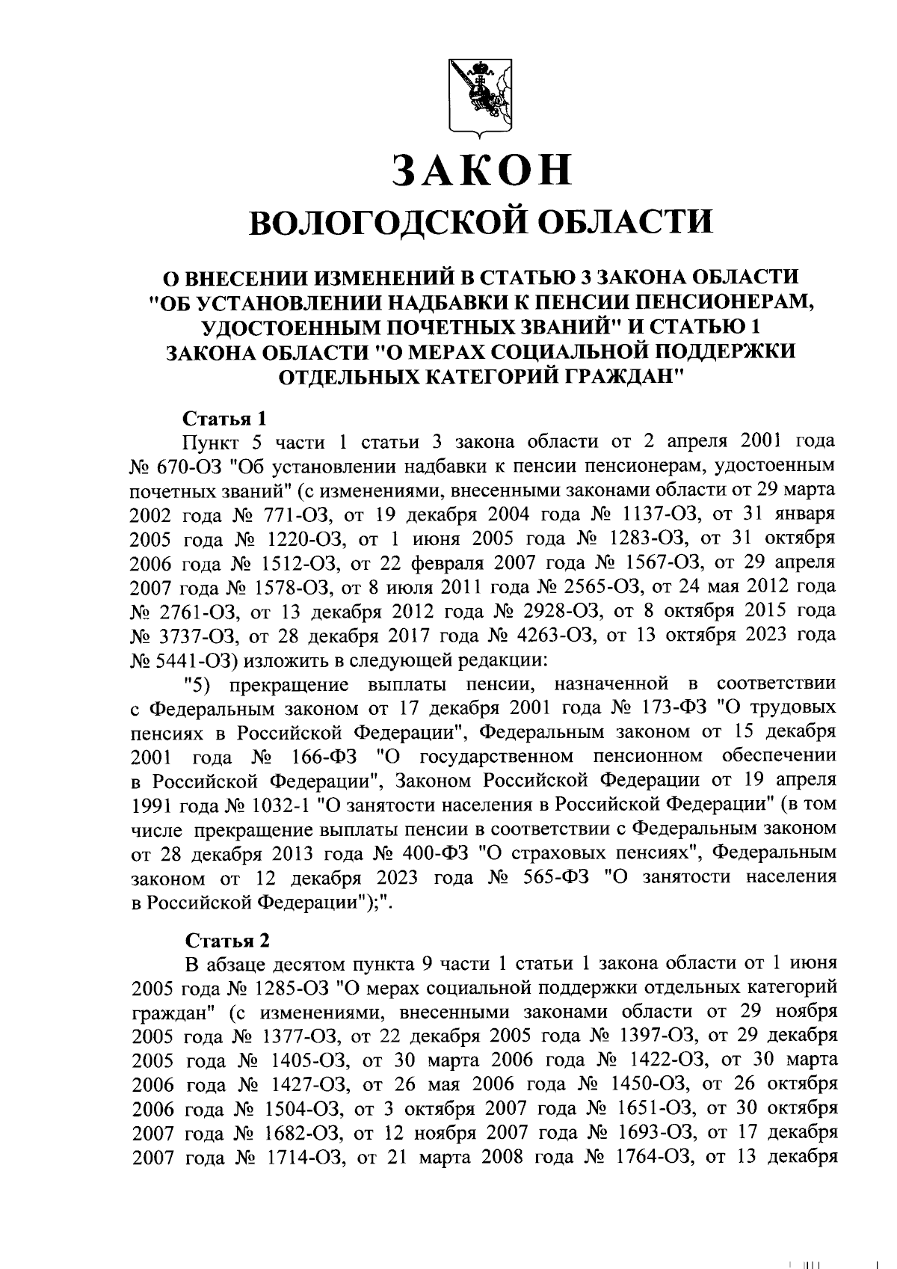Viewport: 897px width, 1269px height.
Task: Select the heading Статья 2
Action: point(226,939)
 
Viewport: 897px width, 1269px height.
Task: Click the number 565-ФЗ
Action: point(561,876)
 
